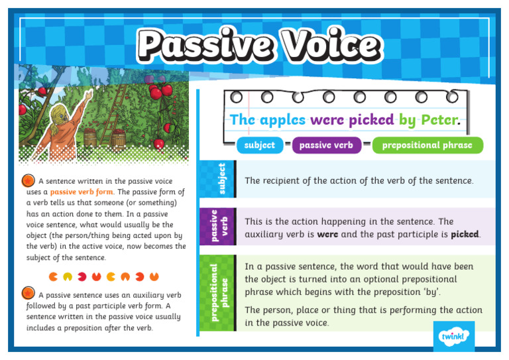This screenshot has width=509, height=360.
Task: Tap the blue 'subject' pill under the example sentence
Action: (259, 145)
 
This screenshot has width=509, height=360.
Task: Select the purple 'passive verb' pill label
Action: (326, 145)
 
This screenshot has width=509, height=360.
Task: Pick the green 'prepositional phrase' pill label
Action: (427, 145)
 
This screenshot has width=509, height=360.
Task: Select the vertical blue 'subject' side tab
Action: (222, 179)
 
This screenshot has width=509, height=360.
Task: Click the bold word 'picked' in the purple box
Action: (465, 235)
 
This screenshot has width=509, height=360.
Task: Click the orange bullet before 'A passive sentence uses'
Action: (28, 292)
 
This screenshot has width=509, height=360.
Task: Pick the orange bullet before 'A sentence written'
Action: (28, 180)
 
